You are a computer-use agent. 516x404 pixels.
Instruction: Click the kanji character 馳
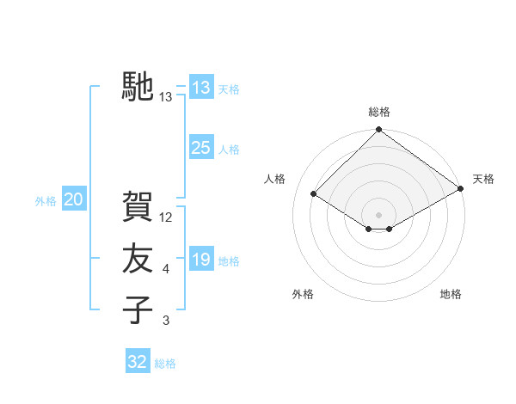coord(138,87)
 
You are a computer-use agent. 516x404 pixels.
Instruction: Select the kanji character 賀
coord(138,207)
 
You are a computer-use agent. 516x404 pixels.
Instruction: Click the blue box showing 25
coord(200,148)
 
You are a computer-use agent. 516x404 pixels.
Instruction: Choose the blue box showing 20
coord(73,200)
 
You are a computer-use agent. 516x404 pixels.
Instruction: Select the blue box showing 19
coord(200,260)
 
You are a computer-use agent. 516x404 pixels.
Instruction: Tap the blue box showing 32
coord(138,362)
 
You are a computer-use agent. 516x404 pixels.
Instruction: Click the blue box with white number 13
coord(200,88)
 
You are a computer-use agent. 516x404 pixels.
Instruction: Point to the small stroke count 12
coord(167,217)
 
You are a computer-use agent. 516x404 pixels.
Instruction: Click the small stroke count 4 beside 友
coord(166,270)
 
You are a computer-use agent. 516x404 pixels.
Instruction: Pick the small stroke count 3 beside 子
coord(166,321)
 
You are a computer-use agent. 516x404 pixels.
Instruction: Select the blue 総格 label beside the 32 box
coord(165,364)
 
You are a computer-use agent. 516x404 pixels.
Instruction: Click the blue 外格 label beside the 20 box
coord(46,201)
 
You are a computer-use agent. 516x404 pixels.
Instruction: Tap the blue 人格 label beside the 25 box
coord(229,150)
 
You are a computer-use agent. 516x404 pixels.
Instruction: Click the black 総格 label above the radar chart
coord(378,112)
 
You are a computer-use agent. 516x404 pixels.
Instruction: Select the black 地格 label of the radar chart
coord(451,294)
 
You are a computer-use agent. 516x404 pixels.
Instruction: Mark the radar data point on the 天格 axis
coord(462,190)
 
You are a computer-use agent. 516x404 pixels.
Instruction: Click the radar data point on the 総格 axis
coord(378,131)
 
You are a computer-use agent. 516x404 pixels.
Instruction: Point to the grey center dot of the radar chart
coord(378,214)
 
